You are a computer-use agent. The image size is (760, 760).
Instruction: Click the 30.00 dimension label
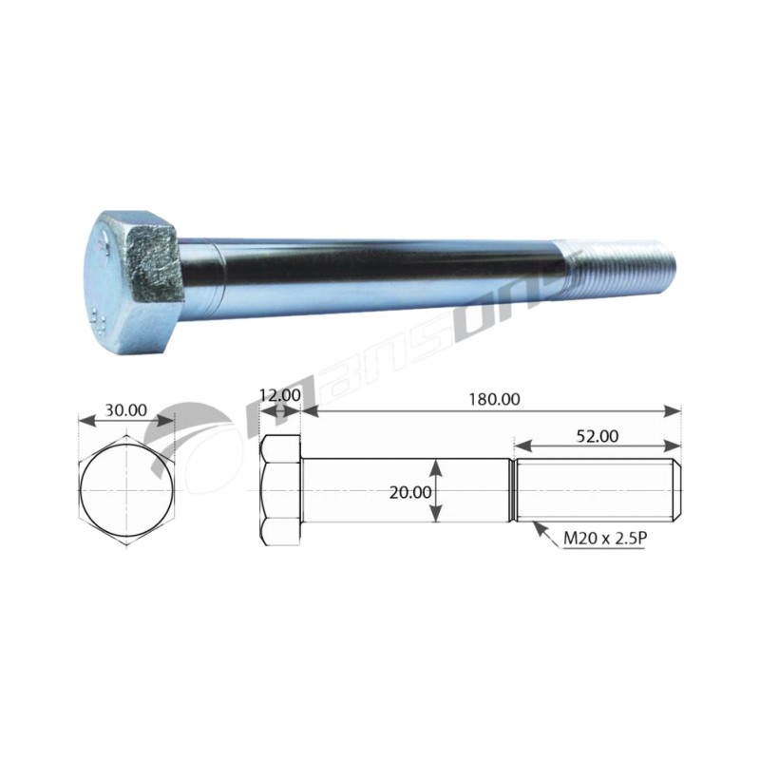(x=126, y=410)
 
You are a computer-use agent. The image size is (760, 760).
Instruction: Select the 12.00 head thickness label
(x=279, y=395)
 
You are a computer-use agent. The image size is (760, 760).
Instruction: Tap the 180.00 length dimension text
(x=494, y=399)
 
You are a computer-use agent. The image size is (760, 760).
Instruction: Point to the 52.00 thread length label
(x=598, y=437)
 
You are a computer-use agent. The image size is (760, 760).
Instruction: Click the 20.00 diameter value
(x=410, y=492)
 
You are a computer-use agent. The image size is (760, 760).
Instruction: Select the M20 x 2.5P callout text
(x=603, y=538)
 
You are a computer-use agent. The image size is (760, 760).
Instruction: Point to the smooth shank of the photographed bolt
(x=373, y=278)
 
